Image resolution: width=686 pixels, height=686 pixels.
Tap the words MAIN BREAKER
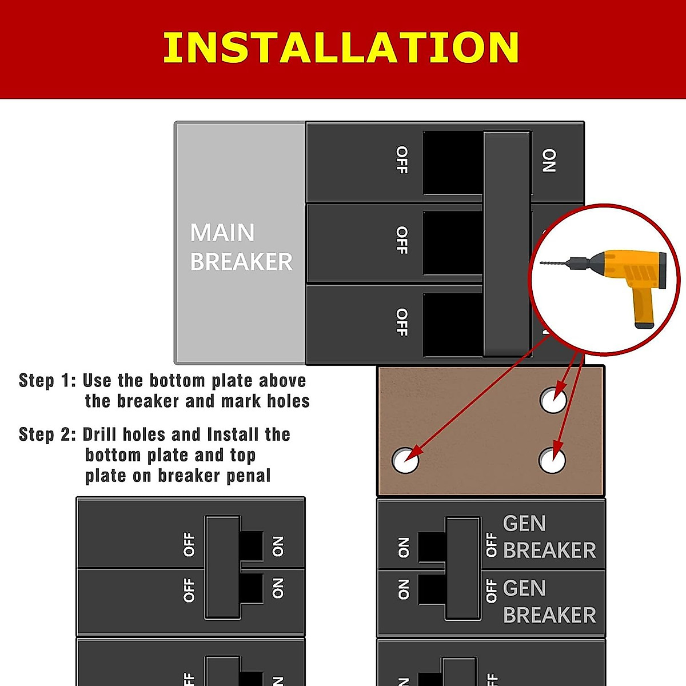pos(241,247)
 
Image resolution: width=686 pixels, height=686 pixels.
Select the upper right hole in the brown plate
pos(553,400)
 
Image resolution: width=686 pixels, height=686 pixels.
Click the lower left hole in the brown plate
pos(405,460)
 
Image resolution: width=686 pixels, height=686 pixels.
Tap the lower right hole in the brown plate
pos(552,460)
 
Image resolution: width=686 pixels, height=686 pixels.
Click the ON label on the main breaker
pos(549,161)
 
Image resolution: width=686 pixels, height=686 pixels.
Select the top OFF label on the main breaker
pos(402,159)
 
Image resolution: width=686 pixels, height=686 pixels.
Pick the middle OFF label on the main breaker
pos(402,240)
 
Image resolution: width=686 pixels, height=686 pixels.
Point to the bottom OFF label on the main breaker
pos(402,322)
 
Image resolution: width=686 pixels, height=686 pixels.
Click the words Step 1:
pos(47,381)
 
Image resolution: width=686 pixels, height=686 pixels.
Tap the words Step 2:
pos(47,434)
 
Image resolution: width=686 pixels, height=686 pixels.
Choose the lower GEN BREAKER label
pos(549,601)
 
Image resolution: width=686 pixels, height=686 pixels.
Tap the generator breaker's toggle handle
pos(463,568)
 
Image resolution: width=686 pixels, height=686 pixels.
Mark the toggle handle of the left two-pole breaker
pos(223,567)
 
